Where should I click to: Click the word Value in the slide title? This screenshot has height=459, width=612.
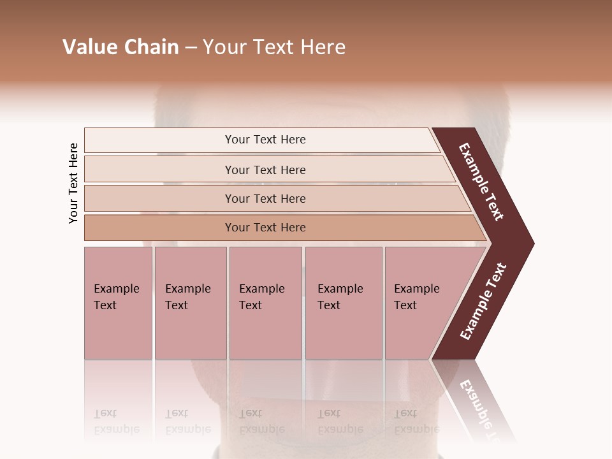click(x=89, y=47)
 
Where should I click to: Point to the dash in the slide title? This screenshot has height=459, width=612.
click(x=191, y=48)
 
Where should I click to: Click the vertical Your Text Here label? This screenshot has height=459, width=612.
click(x=73, y=184)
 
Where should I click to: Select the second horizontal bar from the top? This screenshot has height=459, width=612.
click(x=265, y=170)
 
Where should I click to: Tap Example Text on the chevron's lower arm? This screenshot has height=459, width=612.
click(x=483, y=301)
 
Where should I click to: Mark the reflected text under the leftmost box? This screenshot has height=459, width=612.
click(x=116, y=421)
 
